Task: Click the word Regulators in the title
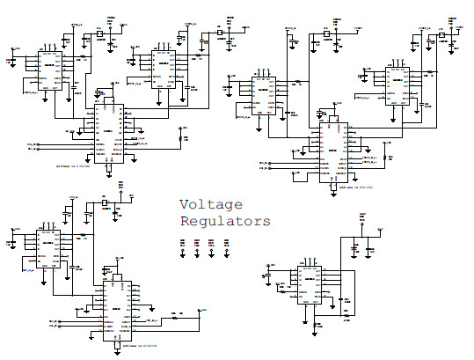224,222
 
